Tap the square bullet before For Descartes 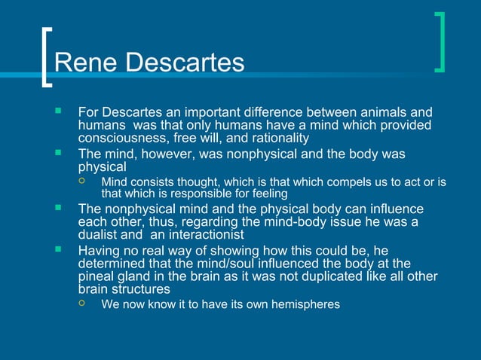(x=57, y=111)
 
